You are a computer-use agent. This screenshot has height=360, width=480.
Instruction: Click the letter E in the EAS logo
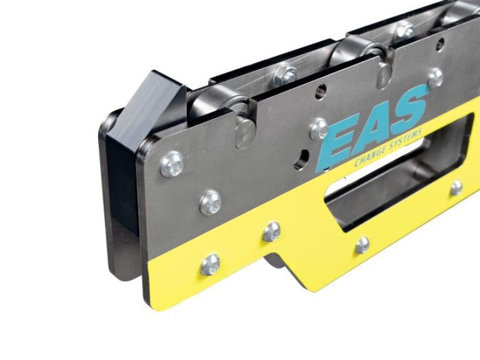pos(337,142)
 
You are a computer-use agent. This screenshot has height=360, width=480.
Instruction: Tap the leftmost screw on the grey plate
pos(172,163)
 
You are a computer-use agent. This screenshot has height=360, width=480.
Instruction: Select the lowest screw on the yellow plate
pos(210,264)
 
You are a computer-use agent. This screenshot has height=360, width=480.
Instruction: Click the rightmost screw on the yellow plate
pos(457,187)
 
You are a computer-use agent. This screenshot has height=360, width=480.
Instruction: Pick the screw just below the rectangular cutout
pos(362,245)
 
